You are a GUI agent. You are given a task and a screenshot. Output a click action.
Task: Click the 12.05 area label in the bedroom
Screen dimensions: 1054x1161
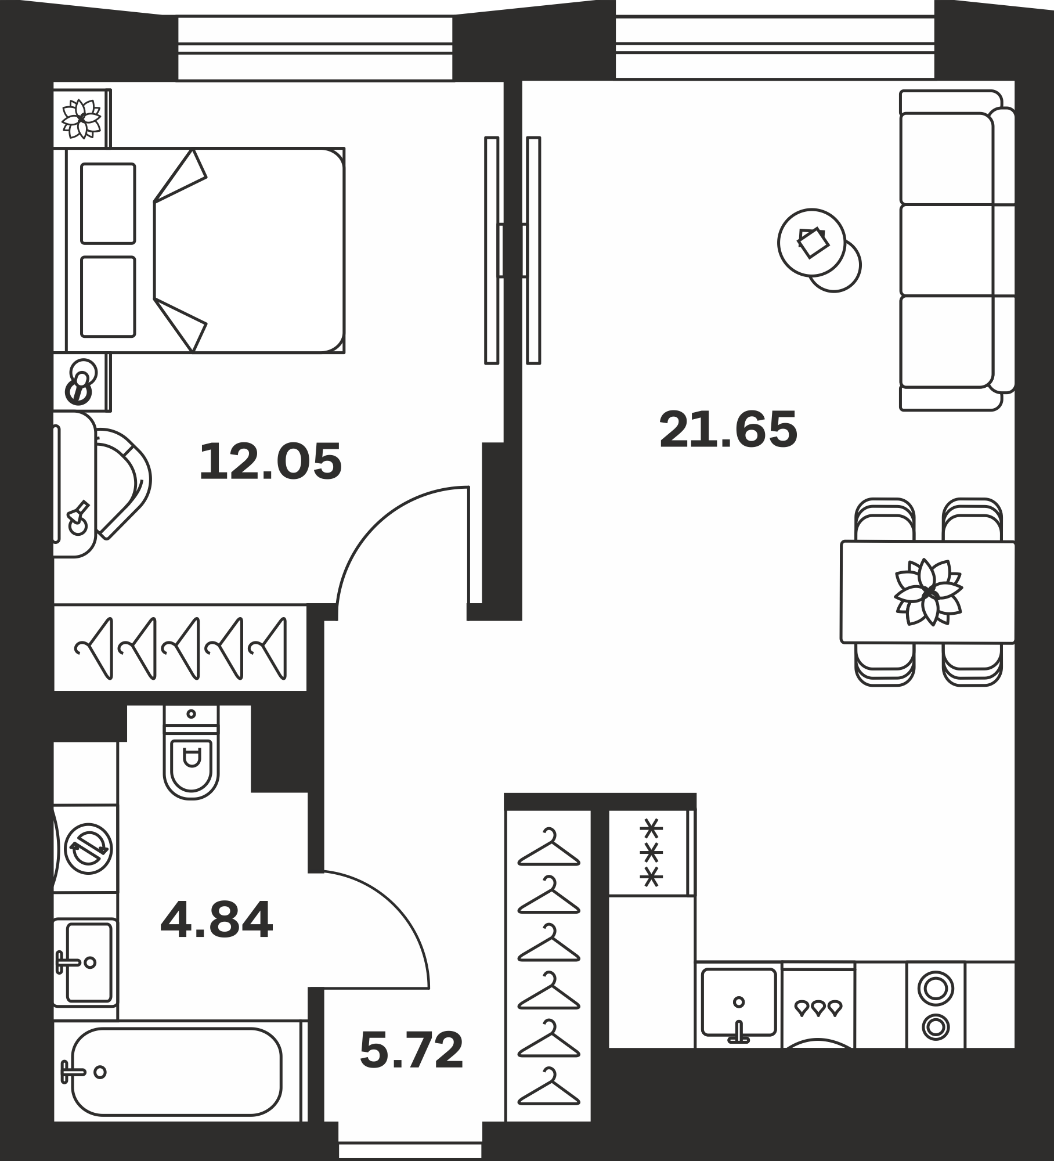270,462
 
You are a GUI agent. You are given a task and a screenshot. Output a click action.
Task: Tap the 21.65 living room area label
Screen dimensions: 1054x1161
728,430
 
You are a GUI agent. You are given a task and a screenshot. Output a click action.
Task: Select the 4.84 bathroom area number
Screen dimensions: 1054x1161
216,920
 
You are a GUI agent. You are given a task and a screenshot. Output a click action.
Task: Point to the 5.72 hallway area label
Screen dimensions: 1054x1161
412,1050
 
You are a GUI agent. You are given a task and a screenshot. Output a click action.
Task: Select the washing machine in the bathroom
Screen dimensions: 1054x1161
86,849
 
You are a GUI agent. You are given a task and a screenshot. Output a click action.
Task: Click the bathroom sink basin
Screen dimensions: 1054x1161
88,962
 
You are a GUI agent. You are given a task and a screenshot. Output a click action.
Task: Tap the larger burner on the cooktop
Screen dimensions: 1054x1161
936,987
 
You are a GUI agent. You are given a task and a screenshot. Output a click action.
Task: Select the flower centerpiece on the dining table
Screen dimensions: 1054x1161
928,592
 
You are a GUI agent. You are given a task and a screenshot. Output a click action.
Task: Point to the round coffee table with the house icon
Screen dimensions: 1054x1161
811,242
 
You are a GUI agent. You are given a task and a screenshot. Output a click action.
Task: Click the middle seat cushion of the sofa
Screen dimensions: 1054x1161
947,250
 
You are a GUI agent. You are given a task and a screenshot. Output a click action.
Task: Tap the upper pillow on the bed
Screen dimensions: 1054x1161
108,203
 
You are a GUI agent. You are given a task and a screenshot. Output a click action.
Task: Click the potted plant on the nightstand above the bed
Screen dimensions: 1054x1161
81,118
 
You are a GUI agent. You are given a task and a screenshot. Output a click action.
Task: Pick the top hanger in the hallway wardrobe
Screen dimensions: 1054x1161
548,848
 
